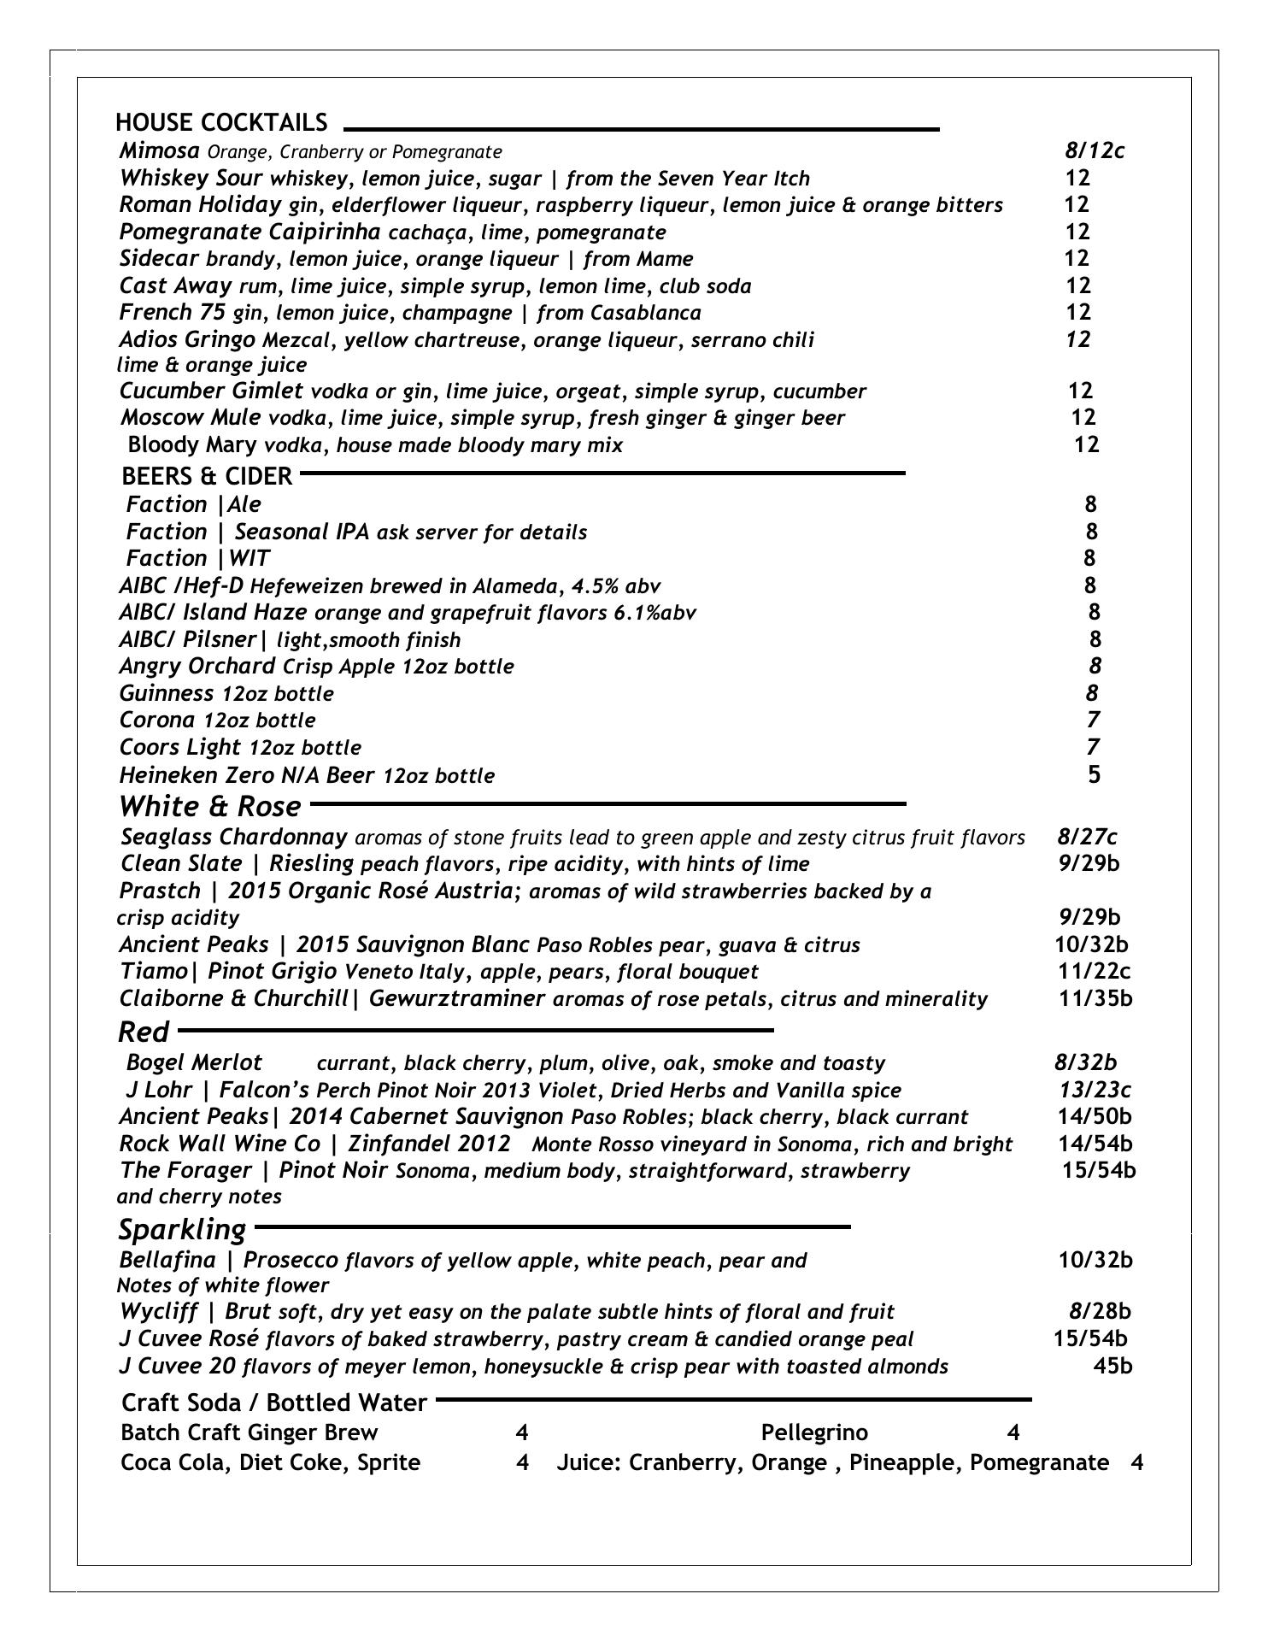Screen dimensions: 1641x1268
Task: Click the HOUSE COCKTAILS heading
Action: [x=221, y=123]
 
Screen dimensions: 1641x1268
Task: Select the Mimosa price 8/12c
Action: [x=1094, y=151]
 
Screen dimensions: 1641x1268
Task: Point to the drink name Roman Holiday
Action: [x=200, y=205]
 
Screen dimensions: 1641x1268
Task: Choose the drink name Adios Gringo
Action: [x=187, y=340]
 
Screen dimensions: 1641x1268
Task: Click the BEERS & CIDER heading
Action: [x=207, y=476]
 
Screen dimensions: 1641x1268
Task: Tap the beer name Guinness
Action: [x=166, y=693]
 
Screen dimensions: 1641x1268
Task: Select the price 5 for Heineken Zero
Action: [x=1094, y=774]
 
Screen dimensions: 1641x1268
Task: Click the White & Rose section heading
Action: [x=209, y=807]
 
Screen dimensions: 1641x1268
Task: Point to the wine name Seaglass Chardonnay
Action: [x=234, y=837]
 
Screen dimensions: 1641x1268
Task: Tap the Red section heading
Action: [x=143, y=1032]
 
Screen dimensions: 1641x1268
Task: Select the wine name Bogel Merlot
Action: [x=194, y=1063]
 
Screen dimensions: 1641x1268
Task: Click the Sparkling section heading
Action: [x=181, y=1230]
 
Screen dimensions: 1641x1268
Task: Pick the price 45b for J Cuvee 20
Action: [x=1112, y=1366]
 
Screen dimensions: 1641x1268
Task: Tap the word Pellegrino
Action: [x=813, y=1432]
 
